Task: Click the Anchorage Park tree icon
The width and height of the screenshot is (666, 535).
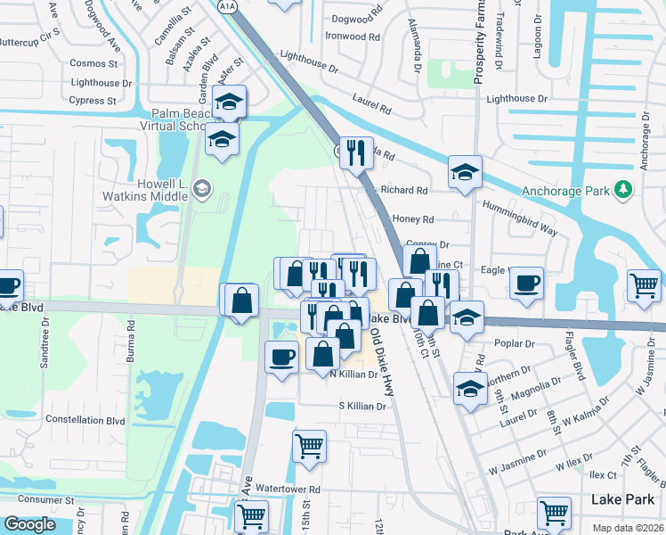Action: coord(623,190)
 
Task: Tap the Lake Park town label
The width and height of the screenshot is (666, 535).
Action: coord(621,499)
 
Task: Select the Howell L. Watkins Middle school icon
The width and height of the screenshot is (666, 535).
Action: coord(202,187)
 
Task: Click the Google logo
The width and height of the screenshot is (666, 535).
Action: coord(29,524)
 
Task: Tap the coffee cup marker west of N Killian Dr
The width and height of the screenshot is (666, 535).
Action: coord(282,357)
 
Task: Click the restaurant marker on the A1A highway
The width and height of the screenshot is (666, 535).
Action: coord(356,152)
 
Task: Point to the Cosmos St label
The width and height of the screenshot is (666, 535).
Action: coord(93,63)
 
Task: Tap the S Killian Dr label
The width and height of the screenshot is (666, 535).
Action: coord(361,406)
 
